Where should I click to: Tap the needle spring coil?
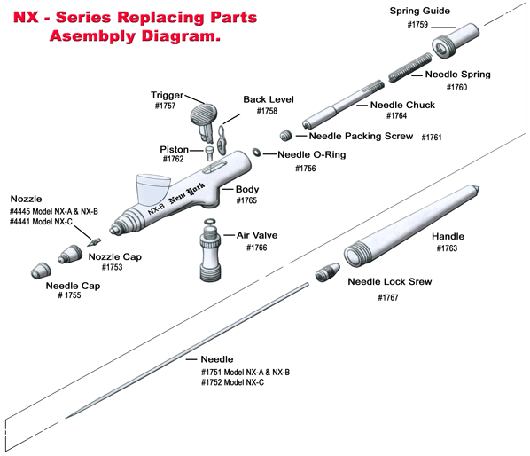pos(409,67)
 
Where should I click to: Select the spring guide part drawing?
pos(455,41)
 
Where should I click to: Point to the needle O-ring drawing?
pos(256,153)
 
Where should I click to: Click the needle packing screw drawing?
pos(286,136)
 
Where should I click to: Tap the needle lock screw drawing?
pos(327,272)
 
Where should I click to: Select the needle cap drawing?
pos(41,271)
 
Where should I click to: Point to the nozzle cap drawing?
pos(70,254)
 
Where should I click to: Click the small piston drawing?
pos(209,153)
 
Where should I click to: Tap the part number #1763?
pos(447,248)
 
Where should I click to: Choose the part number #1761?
pos(432,137)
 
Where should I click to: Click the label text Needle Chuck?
pos(402,105)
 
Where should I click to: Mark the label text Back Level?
pos(269,99)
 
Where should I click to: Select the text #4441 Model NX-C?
pos(41,222)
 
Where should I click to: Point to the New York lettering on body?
pos(187,193)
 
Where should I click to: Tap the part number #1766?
pos(256,248)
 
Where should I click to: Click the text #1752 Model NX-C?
pos(232,382)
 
